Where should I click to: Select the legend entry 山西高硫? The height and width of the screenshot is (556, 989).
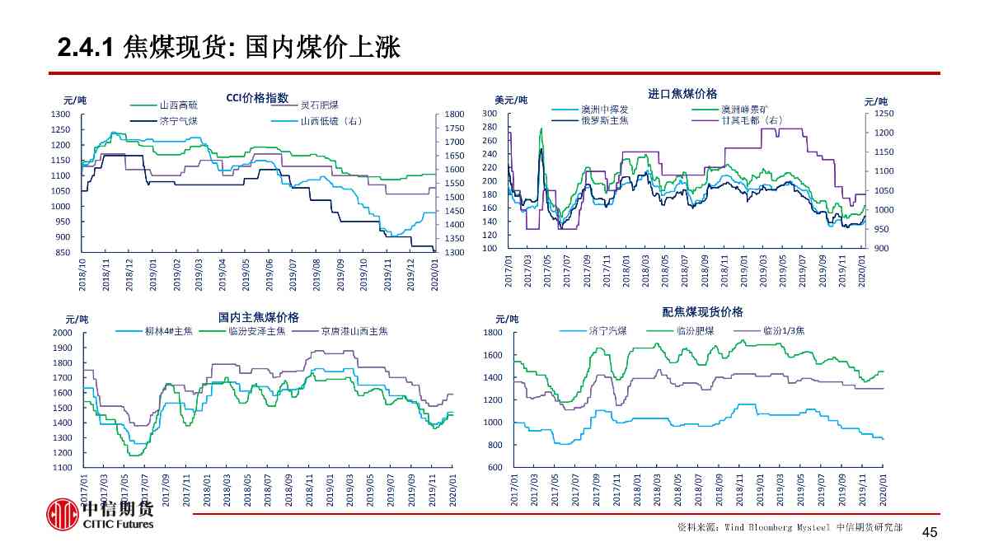(178, 105)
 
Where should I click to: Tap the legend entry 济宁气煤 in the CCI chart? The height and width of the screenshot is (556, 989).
(178, 121)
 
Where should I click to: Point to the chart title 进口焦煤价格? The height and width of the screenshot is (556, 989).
(682, 94)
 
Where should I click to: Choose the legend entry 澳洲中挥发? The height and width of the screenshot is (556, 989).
(604, 109)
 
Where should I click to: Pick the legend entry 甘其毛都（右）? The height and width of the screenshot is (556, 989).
(751, 119)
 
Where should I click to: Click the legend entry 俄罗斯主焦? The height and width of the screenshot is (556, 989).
(604, 119)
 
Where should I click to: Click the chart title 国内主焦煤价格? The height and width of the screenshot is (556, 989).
(258, 317)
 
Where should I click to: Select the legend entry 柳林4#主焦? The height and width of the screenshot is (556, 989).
(168, 331)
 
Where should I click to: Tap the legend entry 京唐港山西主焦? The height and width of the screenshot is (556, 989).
(354, 331)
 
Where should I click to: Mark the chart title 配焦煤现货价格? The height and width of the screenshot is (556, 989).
(702, 312)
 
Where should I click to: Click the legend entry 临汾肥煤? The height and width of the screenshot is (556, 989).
(695, 330)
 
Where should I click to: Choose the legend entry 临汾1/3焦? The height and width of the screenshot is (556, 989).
(783, 330)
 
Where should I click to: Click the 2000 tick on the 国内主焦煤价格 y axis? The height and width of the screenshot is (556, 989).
(63, 333)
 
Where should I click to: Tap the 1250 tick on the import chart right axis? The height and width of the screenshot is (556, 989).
(884, 113)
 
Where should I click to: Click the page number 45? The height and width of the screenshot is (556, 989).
(929, 532)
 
